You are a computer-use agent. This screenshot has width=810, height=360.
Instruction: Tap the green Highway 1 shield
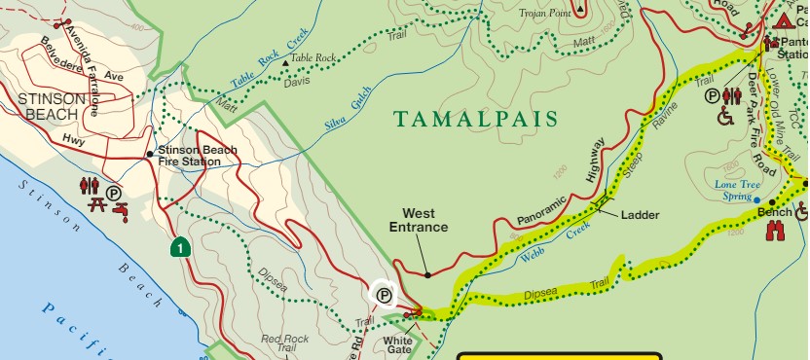[179, 247]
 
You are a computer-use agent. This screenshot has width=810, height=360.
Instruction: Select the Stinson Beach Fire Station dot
[149, 154]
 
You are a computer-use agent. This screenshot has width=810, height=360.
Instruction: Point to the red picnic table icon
[97, 204]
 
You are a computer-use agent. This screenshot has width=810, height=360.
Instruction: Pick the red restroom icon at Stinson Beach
[91, 184]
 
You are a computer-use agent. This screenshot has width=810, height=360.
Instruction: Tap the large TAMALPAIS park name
[476, 120]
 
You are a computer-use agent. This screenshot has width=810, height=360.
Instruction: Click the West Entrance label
[419, 220]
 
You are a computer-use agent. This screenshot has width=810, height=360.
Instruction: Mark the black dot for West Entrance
[427, 275]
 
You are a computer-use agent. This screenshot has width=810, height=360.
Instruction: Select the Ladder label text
[640, 214]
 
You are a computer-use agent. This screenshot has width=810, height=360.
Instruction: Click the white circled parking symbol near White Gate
[384, 294]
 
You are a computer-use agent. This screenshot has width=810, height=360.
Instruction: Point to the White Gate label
[399, 346]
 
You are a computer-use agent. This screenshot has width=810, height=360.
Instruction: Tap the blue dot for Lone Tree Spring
[757, 200]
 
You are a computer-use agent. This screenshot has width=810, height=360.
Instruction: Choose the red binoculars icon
[776, 231]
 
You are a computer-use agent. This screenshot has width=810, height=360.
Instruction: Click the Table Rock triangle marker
[285, 62]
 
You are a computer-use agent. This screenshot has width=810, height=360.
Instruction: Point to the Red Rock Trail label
[285, 343]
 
